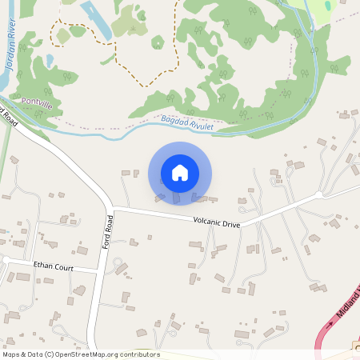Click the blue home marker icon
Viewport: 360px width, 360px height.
(180, 172)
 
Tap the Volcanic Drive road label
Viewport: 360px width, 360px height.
(216, 222)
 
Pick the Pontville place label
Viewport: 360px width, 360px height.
(38, 104)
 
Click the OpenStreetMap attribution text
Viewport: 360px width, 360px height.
(81, 354)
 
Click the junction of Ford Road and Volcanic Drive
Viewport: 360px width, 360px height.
(112, 210)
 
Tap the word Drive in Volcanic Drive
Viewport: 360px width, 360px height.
(230, 223)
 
